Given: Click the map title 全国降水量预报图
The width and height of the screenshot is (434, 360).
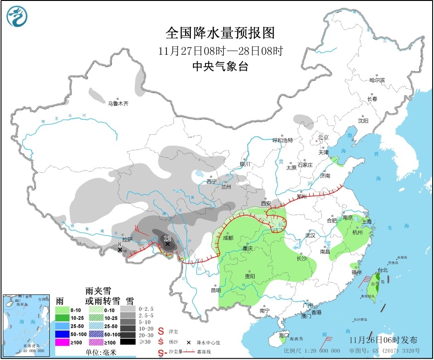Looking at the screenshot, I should [x=220, y=33].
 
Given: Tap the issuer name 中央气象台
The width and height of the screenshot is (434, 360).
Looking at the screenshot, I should [x=220, y=67].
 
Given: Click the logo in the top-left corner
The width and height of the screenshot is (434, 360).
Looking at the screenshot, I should [x=17, y=16].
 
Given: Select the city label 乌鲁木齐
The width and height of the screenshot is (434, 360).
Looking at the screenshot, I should [x=118, y=104].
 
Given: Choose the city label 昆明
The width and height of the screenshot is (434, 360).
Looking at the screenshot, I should [x=216, y=290].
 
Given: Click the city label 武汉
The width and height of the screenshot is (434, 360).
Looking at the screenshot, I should [x=310, y=235].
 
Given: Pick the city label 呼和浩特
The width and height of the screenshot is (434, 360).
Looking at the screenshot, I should [x=282, y=140].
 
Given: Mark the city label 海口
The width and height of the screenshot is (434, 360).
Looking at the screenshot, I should [x=284, y=336].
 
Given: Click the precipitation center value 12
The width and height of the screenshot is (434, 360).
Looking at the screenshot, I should [x=167, y=238].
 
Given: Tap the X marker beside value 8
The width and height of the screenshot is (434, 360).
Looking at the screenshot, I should [x=120, y=250].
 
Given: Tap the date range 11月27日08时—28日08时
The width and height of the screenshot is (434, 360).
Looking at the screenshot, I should [x=220, y=50].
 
